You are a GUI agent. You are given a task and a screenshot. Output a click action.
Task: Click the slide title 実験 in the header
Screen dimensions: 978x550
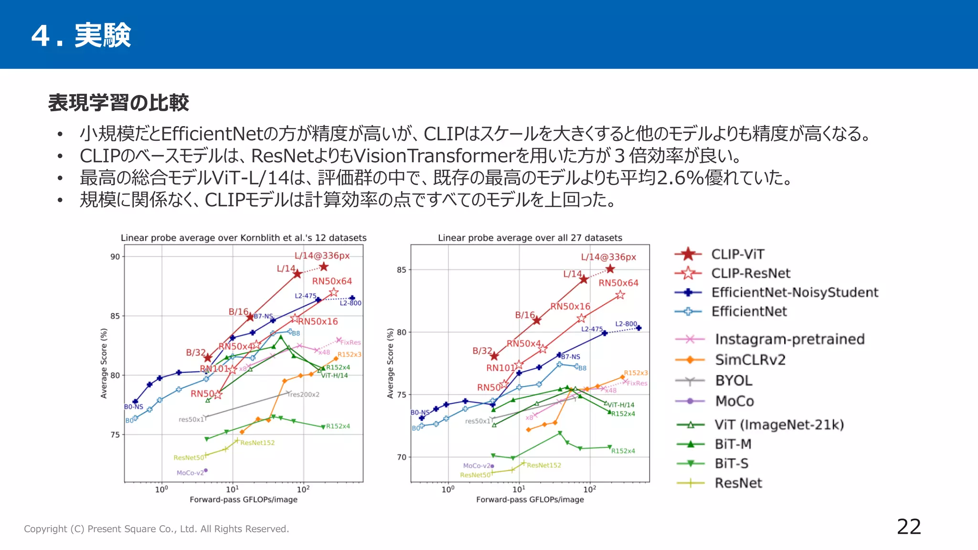tap(103, 35)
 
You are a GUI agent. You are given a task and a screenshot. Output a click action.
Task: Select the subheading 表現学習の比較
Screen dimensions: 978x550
tap(118, 103)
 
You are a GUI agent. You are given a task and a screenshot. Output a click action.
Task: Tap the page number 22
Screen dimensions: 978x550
tap(909, 527)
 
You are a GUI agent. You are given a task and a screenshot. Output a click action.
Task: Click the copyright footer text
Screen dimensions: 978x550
tap(157, 529)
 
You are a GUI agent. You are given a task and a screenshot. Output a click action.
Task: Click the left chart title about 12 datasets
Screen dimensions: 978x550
tap(244, 238)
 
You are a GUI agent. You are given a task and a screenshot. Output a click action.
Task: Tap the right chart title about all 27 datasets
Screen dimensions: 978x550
tap(530, 238)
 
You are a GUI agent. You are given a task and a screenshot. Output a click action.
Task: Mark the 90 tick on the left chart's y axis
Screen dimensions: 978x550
tap(115, 257)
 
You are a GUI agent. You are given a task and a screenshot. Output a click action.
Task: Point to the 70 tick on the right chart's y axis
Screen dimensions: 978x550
tap(402, 457)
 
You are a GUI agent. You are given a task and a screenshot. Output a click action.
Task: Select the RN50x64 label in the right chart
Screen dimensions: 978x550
tap(618, 283)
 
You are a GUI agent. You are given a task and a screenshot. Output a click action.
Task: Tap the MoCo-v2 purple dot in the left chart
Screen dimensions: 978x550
tap(206, 470)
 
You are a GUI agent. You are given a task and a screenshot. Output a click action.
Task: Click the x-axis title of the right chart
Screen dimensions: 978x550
tap(530, 499)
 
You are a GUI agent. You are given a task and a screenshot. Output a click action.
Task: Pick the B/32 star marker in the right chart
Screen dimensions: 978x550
tap(494, 356)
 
